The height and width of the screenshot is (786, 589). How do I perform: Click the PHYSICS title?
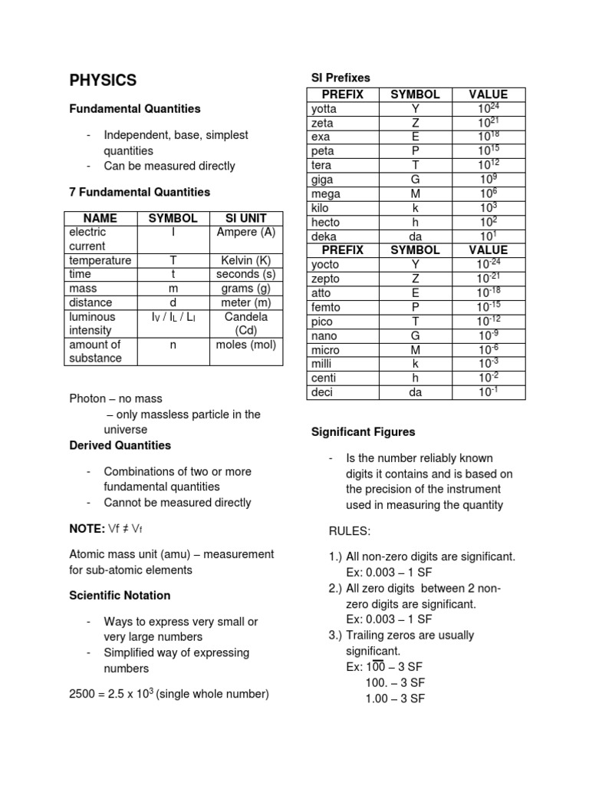coord(103,80)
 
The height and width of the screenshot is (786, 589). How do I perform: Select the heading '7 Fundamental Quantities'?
coord(139,192)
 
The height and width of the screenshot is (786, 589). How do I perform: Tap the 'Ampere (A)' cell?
coord(245,232)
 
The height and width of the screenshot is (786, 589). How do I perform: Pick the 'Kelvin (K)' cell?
coord(245,260)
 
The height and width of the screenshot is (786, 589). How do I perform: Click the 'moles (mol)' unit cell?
coord(245,345)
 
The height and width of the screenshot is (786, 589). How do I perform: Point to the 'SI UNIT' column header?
coord(245,218)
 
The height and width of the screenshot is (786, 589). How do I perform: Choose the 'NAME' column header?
coord(100,218)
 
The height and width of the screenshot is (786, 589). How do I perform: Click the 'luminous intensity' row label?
coord(92,323)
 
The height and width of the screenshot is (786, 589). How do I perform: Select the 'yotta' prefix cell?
coord(324,109)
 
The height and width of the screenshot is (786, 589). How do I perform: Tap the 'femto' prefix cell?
coord(327,307)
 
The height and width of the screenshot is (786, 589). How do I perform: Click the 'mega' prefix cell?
coord(325,194)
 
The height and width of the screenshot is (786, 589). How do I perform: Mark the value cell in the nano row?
coord(488,335)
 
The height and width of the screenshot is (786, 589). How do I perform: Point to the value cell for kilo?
coord(489,208)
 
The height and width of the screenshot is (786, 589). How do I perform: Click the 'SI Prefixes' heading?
coord(341,78)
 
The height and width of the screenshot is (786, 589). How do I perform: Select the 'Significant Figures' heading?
coord(363,432)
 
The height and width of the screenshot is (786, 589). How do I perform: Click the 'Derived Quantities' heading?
coord(120,445)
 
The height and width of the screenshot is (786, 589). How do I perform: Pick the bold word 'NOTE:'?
coord(87,528)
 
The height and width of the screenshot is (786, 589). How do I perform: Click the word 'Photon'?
coord(87,398)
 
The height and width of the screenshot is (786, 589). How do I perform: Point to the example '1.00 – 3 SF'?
coord(385,698)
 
